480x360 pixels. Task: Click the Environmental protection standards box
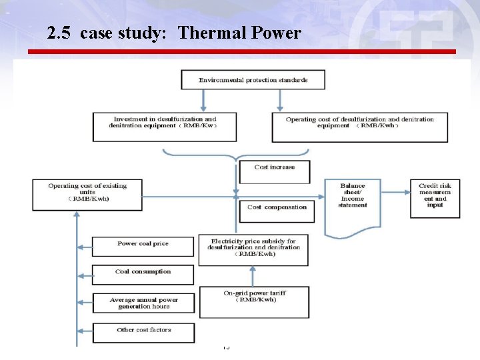pos(253,80)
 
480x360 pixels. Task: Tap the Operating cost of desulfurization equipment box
pos(359,126)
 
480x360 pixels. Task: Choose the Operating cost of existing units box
pos(87,193)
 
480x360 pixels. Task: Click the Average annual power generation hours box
pos(143,303)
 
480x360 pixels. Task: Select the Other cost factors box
pos(143,332)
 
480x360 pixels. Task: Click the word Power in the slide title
pos(275,32)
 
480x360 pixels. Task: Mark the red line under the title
pos(241,51)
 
